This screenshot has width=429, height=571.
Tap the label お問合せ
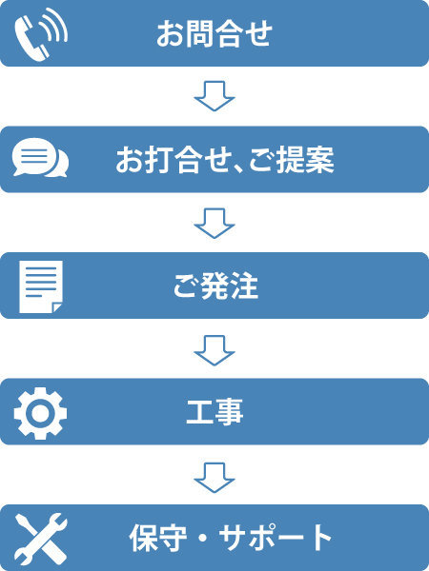point(214,34)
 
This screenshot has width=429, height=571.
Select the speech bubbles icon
point(40,157)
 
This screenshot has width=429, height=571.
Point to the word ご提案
point(292,160)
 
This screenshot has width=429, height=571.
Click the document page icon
point(41,286)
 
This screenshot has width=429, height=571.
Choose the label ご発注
point(215,285)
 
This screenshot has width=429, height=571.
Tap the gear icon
point(40,413)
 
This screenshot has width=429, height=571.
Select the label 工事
point(214,412)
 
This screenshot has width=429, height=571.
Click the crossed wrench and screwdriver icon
point(41,539)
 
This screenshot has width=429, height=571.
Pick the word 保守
point(158,538)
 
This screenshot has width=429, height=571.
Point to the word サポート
point(276,538)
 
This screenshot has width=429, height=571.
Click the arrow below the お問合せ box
point(214,96)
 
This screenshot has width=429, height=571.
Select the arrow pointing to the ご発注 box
point(214,224)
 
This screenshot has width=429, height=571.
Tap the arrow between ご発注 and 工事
point(214,350)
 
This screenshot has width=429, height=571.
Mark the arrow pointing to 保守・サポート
point(214,477)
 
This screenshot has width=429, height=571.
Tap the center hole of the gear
point(40,413)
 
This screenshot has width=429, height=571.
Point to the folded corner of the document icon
point(57,308)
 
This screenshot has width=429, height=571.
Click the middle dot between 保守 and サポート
point(203,539)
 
